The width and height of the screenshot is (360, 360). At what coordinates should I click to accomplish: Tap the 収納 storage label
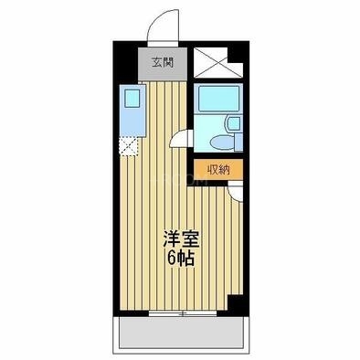point(217,169)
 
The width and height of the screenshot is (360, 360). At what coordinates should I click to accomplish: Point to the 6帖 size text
point(180,259)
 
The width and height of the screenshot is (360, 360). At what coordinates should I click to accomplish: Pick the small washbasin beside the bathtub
point(232,124)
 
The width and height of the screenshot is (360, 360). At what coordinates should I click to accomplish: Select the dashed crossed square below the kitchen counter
point(129,143)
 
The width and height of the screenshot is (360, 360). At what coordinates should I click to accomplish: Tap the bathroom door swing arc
point(185,139)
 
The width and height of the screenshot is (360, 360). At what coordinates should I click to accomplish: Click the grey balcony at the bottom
point(180,337)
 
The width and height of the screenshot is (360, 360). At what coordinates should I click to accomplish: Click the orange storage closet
point(217,169)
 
